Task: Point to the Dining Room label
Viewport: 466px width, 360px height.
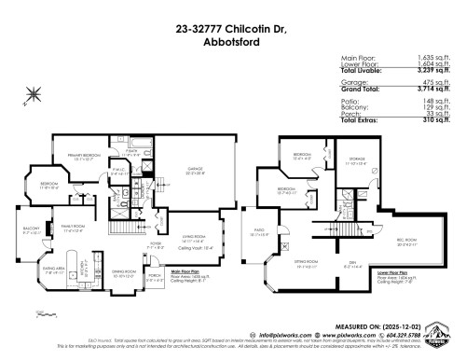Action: click(124, 273)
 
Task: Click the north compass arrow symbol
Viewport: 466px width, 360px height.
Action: click(35, 91)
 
